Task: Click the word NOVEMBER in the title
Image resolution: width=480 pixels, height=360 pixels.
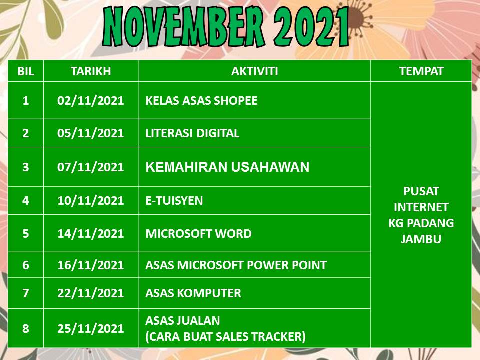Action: [183, 26]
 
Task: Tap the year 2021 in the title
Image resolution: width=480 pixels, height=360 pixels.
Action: [311, 26]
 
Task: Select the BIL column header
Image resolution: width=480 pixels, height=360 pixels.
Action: [25, 71]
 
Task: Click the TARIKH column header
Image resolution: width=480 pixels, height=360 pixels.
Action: [91, 71]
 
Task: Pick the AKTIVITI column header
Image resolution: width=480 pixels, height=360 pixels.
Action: [254, 71]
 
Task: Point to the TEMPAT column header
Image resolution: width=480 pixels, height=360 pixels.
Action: [421, 71]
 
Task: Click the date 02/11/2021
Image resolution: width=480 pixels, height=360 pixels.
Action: [90, 100]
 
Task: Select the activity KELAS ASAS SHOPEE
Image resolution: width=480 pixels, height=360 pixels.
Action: [201, 100]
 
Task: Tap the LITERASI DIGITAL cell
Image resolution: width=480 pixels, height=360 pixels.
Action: [192, 133]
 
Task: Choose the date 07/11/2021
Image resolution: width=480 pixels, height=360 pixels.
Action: [90, 167]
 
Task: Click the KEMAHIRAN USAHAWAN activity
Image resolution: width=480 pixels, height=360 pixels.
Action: [227, 167]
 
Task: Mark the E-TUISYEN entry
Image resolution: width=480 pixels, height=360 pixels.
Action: [174, 201]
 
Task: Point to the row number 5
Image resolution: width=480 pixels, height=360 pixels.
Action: [25, 233]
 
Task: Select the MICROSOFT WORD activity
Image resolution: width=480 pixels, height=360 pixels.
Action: [198, 233]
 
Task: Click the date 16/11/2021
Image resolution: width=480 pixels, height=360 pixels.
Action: [90, 265]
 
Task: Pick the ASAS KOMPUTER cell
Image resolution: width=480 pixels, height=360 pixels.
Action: [193, 293]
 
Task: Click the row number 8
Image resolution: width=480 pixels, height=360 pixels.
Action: [25, 328]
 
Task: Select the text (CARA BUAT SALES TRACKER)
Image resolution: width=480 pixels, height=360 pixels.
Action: [225, 336]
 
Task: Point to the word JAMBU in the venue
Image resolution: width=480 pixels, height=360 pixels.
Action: [421, 239]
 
